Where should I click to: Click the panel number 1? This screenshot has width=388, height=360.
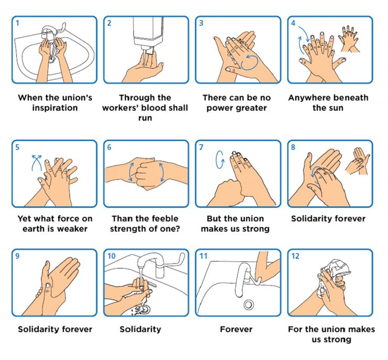(17, 23)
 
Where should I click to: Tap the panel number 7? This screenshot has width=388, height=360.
(201, 147)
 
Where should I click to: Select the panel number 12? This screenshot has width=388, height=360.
(295, 256)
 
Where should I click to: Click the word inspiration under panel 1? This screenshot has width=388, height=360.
(55, 108)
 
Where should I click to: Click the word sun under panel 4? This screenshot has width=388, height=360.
(336, 108)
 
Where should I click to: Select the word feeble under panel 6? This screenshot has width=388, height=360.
(163, 218)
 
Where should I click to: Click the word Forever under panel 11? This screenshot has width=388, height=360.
(236, 329)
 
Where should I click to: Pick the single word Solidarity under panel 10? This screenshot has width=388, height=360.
(141, 329)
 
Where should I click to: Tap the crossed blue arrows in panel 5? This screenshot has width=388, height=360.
(37, 163)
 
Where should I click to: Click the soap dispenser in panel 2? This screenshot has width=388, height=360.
(148, 32)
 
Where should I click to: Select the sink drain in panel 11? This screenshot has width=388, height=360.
(248, 304)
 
